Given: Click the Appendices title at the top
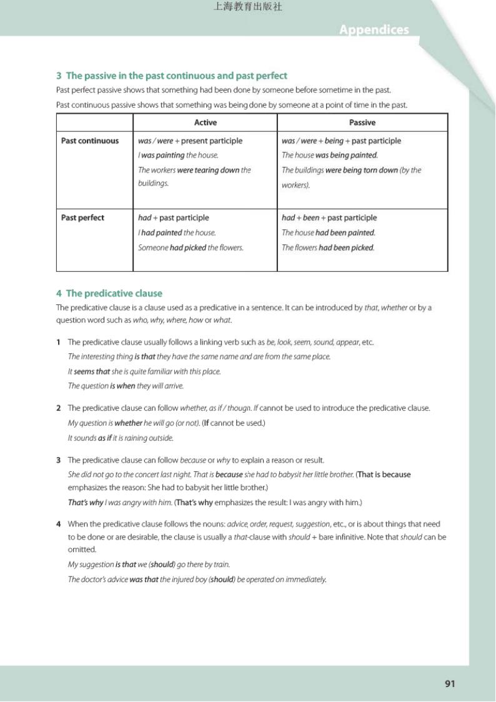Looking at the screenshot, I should [374, 29].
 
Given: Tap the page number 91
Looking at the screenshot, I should [450, 683].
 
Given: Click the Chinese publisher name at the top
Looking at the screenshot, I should [247, 7].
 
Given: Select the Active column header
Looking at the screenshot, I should [206, 123].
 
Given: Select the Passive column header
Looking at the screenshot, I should [362, 123].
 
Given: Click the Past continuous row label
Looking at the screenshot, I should [90, 141].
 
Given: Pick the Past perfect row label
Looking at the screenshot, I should [82, 218].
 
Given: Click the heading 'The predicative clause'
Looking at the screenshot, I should [114, 293].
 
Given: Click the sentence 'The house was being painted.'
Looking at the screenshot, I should [330, 155].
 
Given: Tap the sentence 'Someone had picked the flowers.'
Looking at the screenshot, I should [191, 248].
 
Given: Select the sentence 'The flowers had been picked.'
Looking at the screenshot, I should [328, 248].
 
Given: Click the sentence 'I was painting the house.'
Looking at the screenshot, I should [178, 155].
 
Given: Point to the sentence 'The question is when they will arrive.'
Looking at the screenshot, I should [126, 386].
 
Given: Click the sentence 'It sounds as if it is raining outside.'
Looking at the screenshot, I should [121, 438].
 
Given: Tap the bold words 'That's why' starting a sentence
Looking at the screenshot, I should [86, 502].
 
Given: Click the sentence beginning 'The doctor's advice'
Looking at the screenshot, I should [197, 579].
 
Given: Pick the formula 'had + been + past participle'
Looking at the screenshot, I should [329, 218].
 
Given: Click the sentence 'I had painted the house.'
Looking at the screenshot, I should [177, 233].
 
